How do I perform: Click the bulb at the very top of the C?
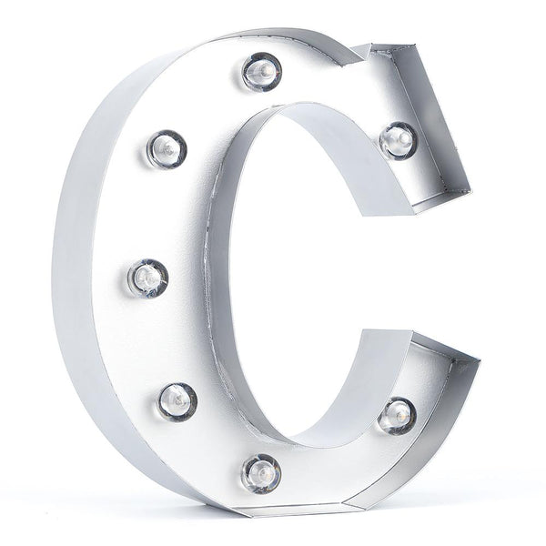pyautogui.click(x=262, y=70)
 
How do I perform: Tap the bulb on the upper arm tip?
pyautogui.click(x=398, y=139)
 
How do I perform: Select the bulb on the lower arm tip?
pyautogui.click(x=398, y=415)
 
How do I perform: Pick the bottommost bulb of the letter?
pyautogui.click(x=261, y=473)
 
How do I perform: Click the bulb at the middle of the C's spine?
pyautogui.click(x=148, y=278)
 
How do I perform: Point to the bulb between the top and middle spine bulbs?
pyautogui.click(x=167, y=148)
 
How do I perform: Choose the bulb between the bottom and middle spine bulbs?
pyautogui.click(x=177, y=400)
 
